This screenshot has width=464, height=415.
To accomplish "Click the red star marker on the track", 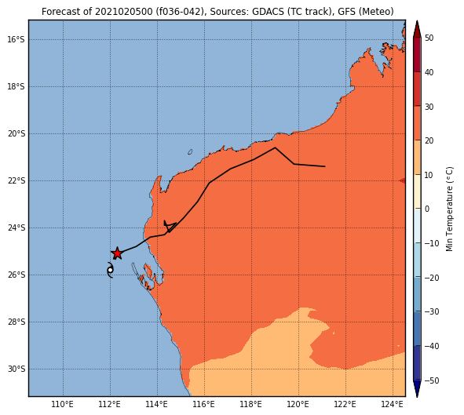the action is tap(117, 253).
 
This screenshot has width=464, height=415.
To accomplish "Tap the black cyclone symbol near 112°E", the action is tap(110, 270).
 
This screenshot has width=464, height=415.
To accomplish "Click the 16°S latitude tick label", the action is tap(16, 39).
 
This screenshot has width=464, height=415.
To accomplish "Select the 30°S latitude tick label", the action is tap(16, 369).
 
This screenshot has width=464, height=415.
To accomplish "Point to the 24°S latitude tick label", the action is tap(16, 228).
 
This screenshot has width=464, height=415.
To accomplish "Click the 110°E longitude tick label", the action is tap(63, 404).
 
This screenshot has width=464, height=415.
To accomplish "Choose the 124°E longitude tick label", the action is tap(393, 404).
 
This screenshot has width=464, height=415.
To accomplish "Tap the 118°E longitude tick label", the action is tap(251, 404).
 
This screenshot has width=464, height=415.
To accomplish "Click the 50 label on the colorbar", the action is tap(429, 38).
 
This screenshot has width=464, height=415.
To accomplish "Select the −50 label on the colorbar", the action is tap(432, 380).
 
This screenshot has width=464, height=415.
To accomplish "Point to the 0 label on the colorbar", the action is tap(427, 209).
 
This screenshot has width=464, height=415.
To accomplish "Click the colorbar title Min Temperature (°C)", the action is tap(450, 209).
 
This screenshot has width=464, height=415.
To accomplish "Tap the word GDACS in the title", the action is tap(265, 12).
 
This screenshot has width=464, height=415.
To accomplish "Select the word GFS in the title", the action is tap(349, 12).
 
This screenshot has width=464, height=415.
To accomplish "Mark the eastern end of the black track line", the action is tap(325, 166).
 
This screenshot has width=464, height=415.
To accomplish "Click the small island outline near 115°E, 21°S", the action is tap(190, 152).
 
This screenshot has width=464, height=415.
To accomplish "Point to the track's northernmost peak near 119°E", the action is tap(275, 147).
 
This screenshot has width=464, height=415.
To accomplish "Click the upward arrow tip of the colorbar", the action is tap(417, 21).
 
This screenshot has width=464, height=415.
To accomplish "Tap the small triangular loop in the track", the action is tap(170, 225).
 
